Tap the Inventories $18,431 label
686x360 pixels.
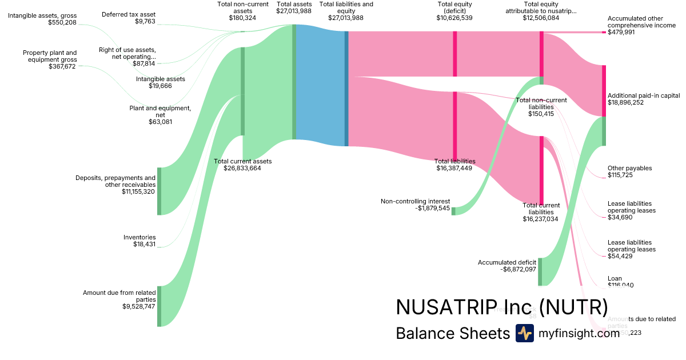139,241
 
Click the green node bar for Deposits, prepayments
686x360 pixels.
159,191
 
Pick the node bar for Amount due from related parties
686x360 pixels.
159,306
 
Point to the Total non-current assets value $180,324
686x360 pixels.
242,18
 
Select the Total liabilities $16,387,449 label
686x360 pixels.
454,165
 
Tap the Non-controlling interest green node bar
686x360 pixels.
453,211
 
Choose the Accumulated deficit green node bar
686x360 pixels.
540,271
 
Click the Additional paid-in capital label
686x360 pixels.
643,95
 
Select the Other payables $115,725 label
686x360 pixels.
629,171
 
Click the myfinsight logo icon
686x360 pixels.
524,333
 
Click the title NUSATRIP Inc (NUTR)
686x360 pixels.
501,307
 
